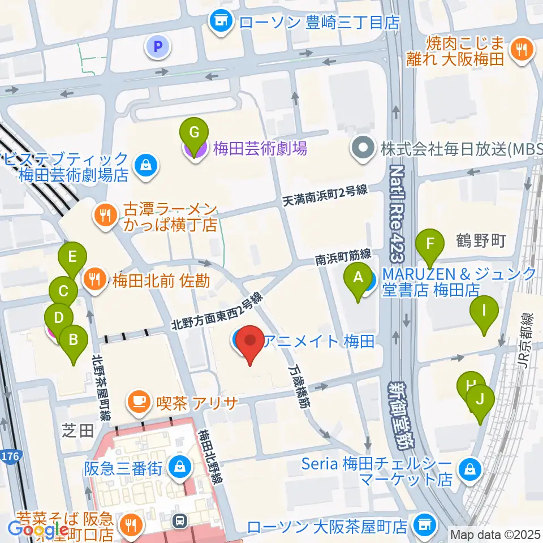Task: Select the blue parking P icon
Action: coord(158,47)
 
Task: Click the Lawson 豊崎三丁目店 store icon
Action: coord(222,22)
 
